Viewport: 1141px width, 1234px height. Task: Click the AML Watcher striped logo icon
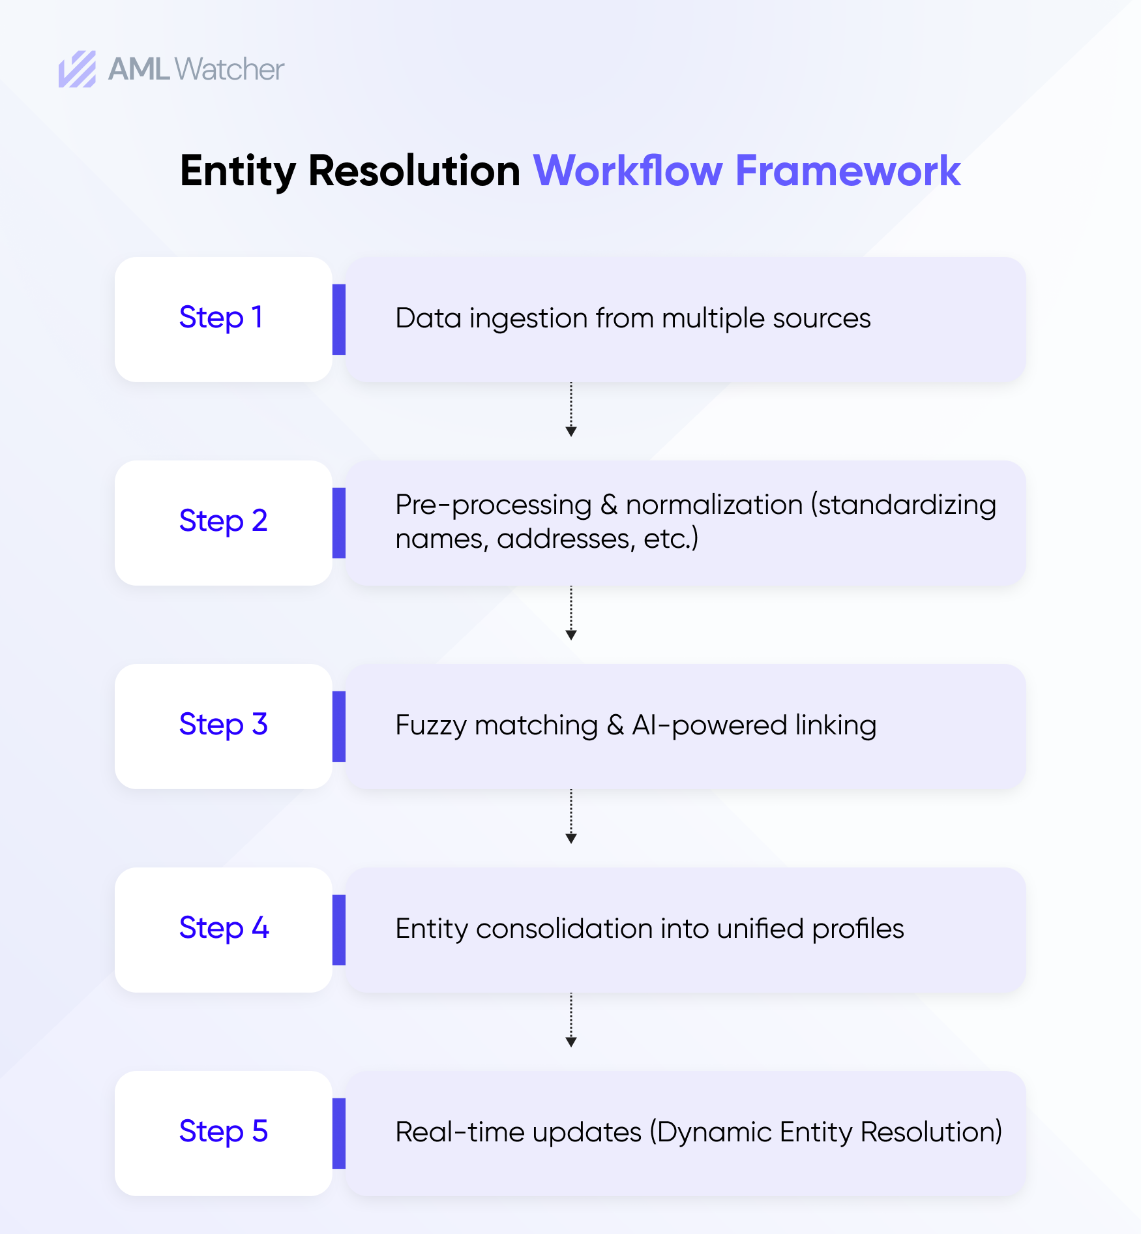(x=77, y=69)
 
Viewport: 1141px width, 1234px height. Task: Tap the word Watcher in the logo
(x=230, y=69)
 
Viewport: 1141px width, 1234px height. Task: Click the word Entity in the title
(x=237, y=171)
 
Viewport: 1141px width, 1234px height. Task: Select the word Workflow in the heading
(x=628, y=171)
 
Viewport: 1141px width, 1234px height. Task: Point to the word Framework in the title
(x=848, y=171)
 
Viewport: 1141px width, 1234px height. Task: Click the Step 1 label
(x=221, y=318)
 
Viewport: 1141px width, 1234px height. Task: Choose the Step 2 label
(x=223, y=522)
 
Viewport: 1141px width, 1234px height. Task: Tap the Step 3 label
(x=223, y=725)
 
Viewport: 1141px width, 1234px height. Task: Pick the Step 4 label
(x=224, y=929)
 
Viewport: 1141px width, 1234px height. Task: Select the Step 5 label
(x=223, y=1132)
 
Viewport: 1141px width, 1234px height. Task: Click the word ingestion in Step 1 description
(x=528, y=319)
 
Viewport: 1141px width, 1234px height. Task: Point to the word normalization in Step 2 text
(x=714, y=505)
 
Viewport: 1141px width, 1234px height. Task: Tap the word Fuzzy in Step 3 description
(x=430, y=726)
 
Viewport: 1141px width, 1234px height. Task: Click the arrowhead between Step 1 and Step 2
(x=570, y=431)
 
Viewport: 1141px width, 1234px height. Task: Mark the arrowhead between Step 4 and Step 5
(x=570, y=1042)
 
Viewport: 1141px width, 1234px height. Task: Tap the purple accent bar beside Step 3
(x=338, y=726)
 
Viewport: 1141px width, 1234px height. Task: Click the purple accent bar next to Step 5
(x=338, y=1133)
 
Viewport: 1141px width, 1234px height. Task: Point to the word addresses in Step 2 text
(x=565, y=539)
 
